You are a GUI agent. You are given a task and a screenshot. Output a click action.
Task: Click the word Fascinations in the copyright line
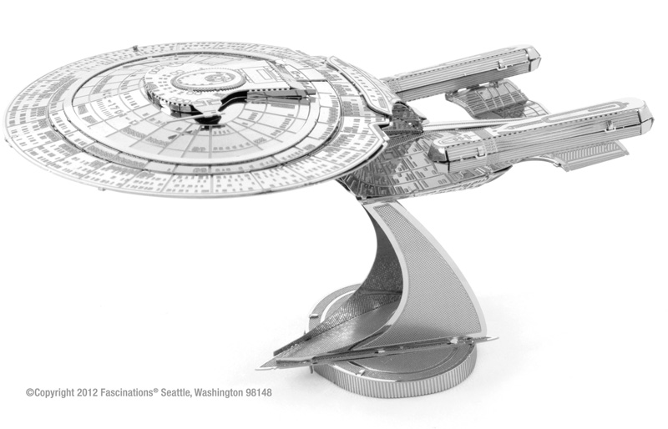point(127,392)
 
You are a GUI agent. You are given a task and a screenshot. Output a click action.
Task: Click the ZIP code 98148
point(259,392)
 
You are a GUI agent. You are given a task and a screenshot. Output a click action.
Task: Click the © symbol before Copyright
point(30,392)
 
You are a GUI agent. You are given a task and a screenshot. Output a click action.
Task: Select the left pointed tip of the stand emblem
point(258,367)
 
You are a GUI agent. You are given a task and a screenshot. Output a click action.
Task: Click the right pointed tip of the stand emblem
point(495,339)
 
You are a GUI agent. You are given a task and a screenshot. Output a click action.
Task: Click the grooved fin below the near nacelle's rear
point(592,154)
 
